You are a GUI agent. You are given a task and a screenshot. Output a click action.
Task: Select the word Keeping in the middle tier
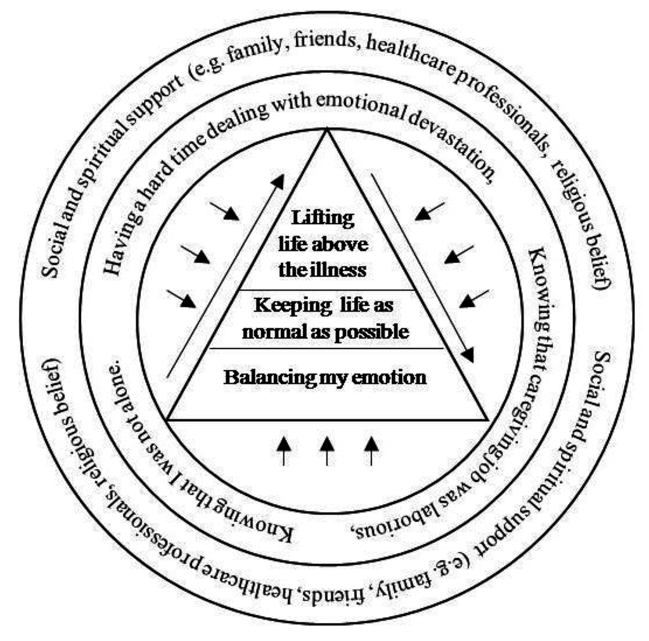tap(285, 305)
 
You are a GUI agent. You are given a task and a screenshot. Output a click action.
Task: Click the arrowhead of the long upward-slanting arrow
tap(278, 181)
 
